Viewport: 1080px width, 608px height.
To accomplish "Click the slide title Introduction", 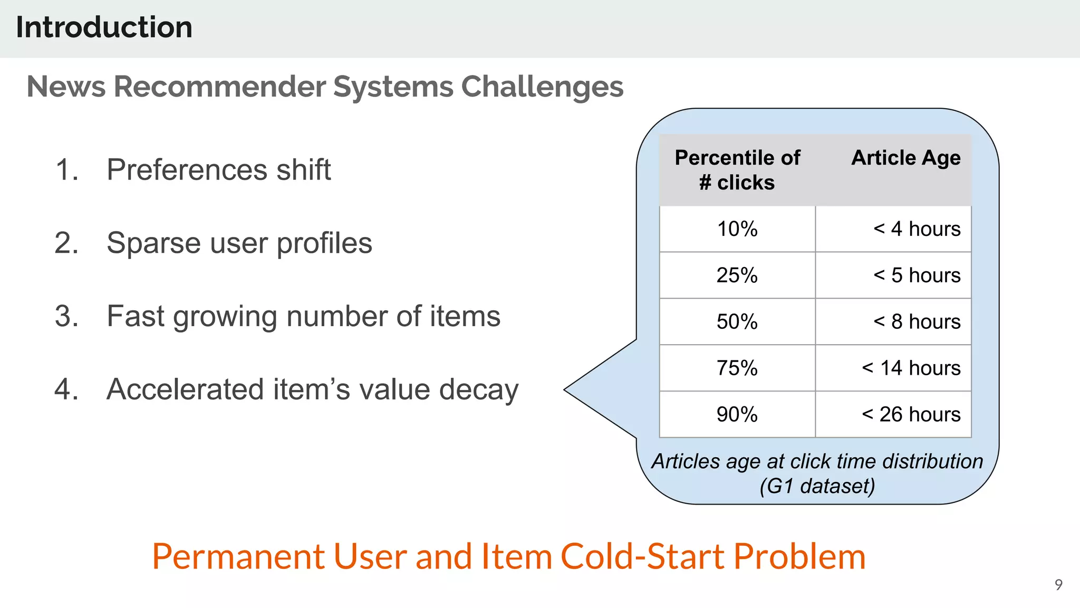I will (x=104, y=27).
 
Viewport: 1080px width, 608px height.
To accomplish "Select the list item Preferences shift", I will (x=218, y=170).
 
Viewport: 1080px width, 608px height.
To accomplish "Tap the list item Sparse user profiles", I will (x=239, y=243).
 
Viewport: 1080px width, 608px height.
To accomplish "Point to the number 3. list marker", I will (x=66, y=317).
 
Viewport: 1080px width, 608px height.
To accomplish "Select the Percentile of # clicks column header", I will (x=737, y=170).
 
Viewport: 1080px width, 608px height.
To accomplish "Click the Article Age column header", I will (x=905, y=158).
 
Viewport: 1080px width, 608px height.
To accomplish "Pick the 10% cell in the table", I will (x=737, y=229).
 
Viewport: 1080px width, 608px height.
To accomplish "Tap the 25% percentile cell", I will (x=737, y=275).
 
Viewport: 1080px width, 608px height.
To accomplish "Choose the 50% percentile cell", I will (x=737, y=322).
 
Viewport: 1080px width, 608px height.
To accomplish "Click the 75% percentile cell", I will (x=737, y=368).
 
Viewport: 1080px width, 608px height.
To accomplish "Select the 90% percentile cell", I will (x=737, y=415).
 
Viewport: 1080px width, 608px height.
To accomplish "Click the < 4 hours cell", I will (x=917, y=229).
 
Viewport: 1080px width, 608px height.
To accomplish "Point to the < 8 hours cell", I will (x=917, y=322).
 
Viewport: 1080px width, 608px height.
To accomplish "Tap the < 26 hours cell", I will (x=911, y=415).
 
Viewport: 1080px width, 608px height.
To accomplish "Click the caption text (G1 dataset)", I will (x=817, y=486).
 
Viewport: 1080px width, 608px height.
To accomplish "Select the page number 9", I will (x=1058, y=585).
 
